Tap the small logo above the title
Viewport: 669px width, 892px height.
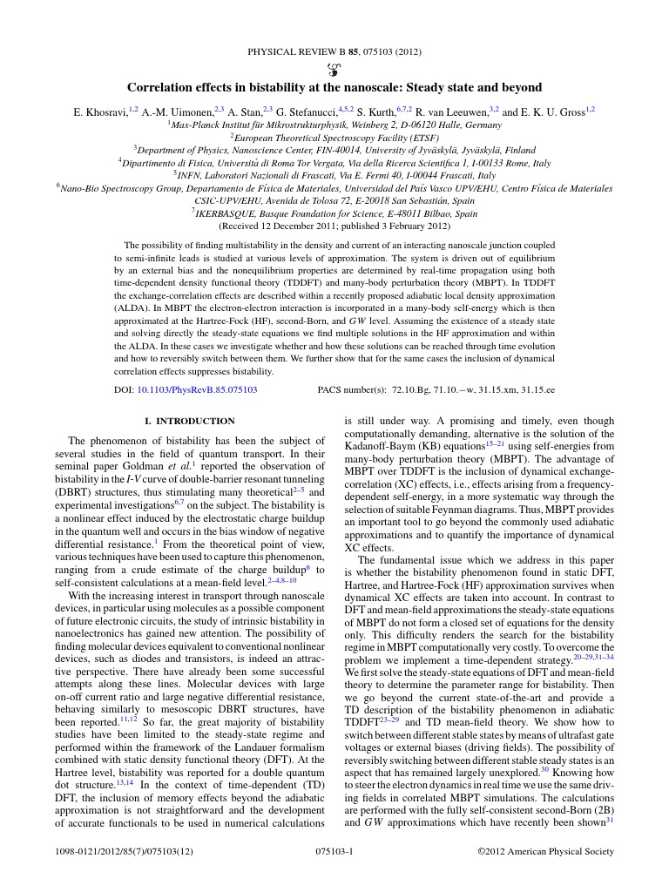click(x=334, y=70)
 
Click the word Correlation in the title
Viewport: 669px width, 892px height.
click(x=161, y=88)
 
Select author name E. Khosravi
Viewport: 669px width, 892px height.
click(x=100, y=111)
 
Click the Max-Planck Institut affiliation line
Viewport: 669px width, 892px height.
click(x=334, y=125)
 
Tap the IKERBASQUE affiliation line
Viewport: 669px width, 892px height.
click(x=334, y=213)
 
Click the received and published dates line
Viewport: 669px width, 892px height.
click(x=334, y=226)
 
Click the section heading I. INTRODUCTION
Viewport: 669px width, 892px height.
click(x=189, y=421)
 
